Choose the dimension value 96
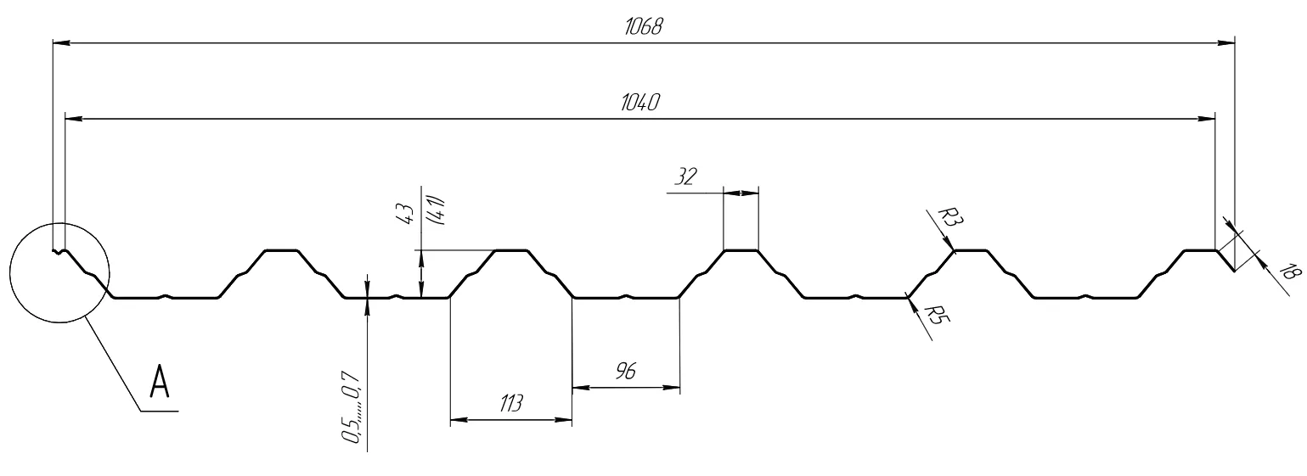click(x=626, y=371)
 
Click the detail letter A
click(x=159, y=382)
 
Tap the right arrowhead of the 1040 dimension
click(x=1209, y=119)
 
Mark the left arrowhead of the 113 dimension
click(x=455, y=420)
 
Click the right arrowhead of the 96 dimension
click(x=674, y=389)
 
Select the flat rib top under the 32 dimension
click(x=741, y=250)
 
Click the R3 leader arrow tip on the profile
click(x=955, y=250)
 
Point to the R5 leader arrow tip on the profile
click(x=908, y=298)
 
